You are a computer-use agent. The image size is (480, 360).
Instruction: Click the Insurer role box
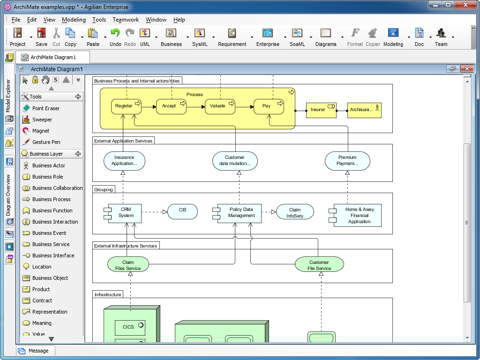pos(321,110)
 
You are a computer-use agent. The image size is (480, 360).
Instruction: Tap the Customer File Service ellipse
pos(319,265)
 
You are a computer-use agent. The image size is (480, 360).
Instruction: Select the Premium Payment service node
pos(347,161)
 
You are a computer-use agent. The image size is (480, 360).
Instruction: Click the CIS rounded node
pos(182,211)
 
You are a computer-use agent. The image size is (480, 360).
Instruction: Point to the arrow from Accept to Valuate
pos(195,107)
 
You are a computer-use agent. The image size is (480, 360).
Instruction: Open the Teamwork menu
pos(126,20)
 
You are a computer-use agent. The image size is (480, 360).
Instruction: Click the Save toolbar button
pos(41,37)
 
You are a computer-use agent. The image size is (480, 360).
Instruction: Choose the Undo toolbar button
pos(115,37)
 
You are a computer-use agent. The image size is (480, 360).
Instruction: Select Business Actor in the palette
pos(48,165)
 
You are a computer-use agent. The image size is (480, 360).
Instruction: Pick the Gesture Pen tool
pos(46,142)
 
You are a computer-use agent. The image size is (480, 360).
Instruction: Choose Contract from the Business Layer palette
pos(42,300)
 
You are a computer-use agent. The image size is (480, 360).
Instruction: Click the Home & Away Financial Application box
pos(359,216)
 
